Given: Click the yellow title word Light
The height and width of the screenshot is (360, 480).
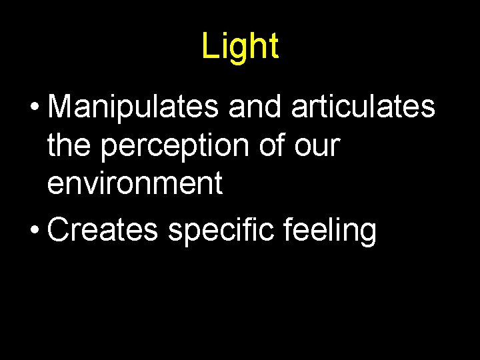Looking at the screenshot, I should click(240, 47).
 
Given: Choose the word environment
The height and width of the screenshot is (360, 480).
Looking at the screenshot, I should click(135, 183).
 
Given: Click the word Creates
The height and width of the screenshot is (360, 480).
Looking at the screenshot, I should click(103, 231).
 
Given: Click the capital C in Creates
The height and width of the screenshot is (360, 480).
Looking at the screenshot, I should click(60, 231).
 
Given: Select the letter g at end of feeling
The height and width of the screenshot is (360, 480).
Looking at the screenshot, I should click(367, 235).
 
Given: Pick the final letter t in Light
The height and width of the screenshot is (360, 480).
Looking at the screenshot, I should click(273, 47).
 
